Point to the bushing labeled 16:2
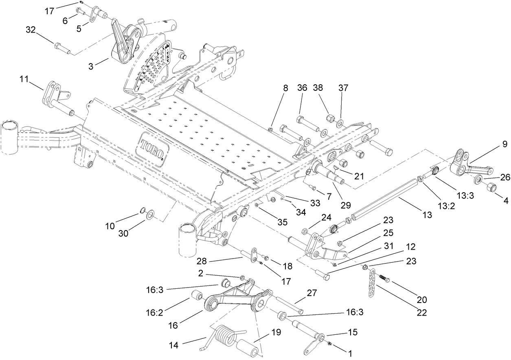[197, 295]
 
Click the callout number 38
[318, 88]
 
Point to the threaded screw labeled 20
[385, 278]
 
